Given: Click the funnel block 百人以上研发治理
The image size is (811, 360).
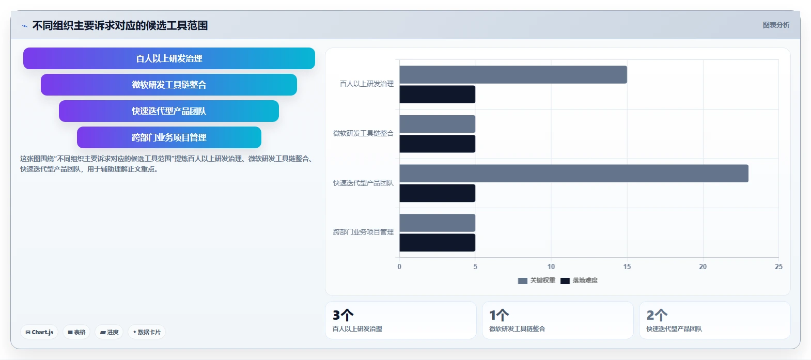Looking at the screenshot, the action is pos(169,58).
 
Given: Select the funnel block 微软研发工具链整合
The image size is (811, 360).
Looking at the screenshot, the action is pos(169,85).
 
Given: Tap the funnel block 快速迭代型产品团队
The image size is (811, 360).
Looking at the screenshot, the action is pos(169,111).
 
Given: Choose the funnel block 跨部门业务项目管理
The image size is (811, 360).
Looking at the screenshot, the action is pos(169,137).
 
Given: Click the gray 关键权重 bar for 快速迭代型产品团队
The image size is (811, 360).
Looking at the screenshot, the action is pos(574,174).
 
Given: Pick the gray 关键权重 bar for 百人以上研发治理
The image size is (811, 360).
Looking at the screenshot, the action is pos(513,74).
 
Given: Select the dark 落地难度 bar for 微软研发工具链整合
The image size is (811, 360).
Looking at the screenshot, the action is pos(438,144).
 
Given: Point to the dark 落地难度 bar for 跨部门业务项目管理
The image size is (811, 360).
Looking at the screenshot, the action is pos(438,243).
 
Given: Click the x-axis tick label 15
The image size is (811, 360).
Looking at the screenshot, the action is pos(627,267).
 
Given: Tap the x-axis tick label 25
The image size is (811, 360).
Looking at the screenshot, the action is pos(779,267).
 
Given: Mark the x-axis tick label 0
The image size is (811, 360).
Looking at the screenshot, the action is pos(399,267).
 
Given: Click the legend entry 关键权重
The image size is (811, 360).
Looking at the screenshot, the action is pos(537,280).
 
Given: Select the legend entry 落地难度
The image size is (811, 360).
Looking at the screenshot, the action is pos(579,280).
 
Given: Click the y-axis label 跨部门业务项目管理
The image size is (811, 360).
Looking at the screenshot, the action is pos(363,232).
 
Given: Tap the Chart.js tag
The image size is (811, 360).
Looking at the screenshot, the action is pos(39,332).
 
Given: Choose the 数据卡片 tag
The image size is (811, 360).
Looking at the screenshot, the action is pos(147,332).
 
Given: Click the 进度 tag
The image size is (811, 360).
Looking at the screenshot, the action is pos(109,332).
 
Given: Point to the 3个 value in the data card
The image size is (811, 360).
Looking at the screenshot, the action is pos(343,315).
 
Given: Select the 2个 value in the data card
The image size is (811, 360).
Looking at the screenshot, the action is pos(657,315).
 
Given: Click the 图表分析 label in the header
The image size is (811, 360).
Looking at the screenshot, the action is pos(776,25).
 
